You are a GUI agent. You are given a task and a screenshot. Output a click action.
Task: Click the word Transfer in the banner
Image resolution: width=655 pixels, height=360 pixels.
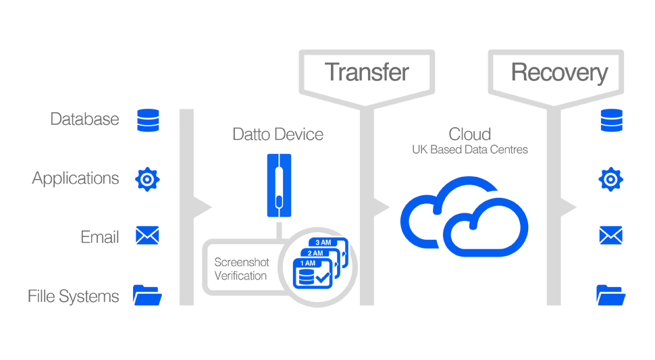click(367, 72)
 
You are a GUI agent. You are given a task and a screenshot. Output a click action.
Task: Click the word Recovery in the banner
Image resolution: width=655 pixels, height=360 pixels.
click(559, 72)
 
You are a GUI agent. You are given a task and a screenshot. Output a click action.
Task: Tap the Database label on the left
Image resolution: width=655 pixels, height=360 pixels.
click(84, 120)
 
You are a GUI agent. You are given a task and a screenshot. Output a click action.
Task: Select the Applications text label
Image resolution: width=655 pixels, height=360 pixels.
click(76, 178)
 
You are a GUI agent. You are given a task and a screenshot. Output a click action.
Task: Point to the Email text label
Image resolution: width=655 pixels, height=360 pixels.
click(100, 237)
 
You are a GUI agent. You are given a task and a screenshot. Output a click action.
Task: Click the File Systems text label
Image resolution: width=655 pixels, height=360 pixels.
click(74, 296)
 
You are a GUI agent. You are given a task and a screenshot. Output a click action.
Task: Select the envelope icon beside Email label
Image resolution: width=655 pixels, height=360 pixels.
click(147, 235)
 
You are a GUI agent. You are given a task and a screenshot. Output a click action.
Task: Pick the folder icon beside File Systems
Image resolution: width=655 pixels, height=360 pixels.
click(147, 295)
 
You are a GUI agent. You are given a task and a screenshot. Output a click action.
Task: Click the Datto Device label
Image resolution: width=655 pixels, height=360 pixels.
click(278, 134)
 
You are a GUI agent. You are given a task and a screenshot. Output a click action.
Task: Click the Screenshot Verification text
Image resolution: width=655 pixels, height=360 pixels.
click(240, 269)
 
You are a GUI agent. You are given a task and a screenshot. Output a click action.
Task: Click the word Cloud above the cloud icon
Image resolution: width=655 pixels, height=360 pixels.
click(470, 133)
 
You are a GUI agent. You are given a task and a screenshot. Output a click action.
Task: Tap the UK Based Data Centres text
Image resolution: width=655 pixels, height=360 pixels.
click(470, 150)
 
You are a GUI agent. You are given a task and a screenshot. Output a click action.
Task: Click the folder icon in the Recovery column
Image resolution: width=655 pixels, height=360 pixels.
click(611, 295)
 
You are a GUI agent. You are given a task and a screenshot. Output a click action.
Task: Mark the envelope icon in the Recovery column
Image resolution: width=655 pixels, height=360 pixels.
click(611, 235)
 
